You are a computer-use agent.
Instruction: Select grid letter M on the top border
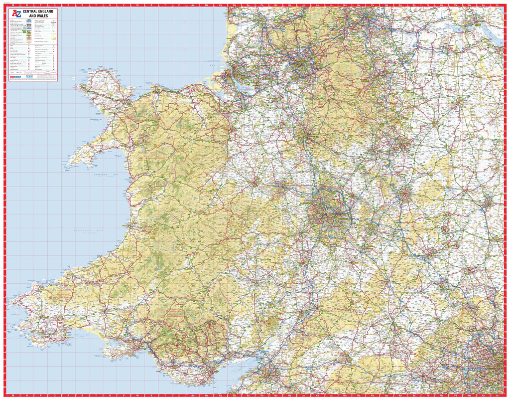(20, 4)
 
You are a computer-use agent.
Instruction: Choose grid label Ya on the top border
(497, 4)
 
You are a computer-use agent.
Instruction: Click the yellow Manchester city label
(300, 63)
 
